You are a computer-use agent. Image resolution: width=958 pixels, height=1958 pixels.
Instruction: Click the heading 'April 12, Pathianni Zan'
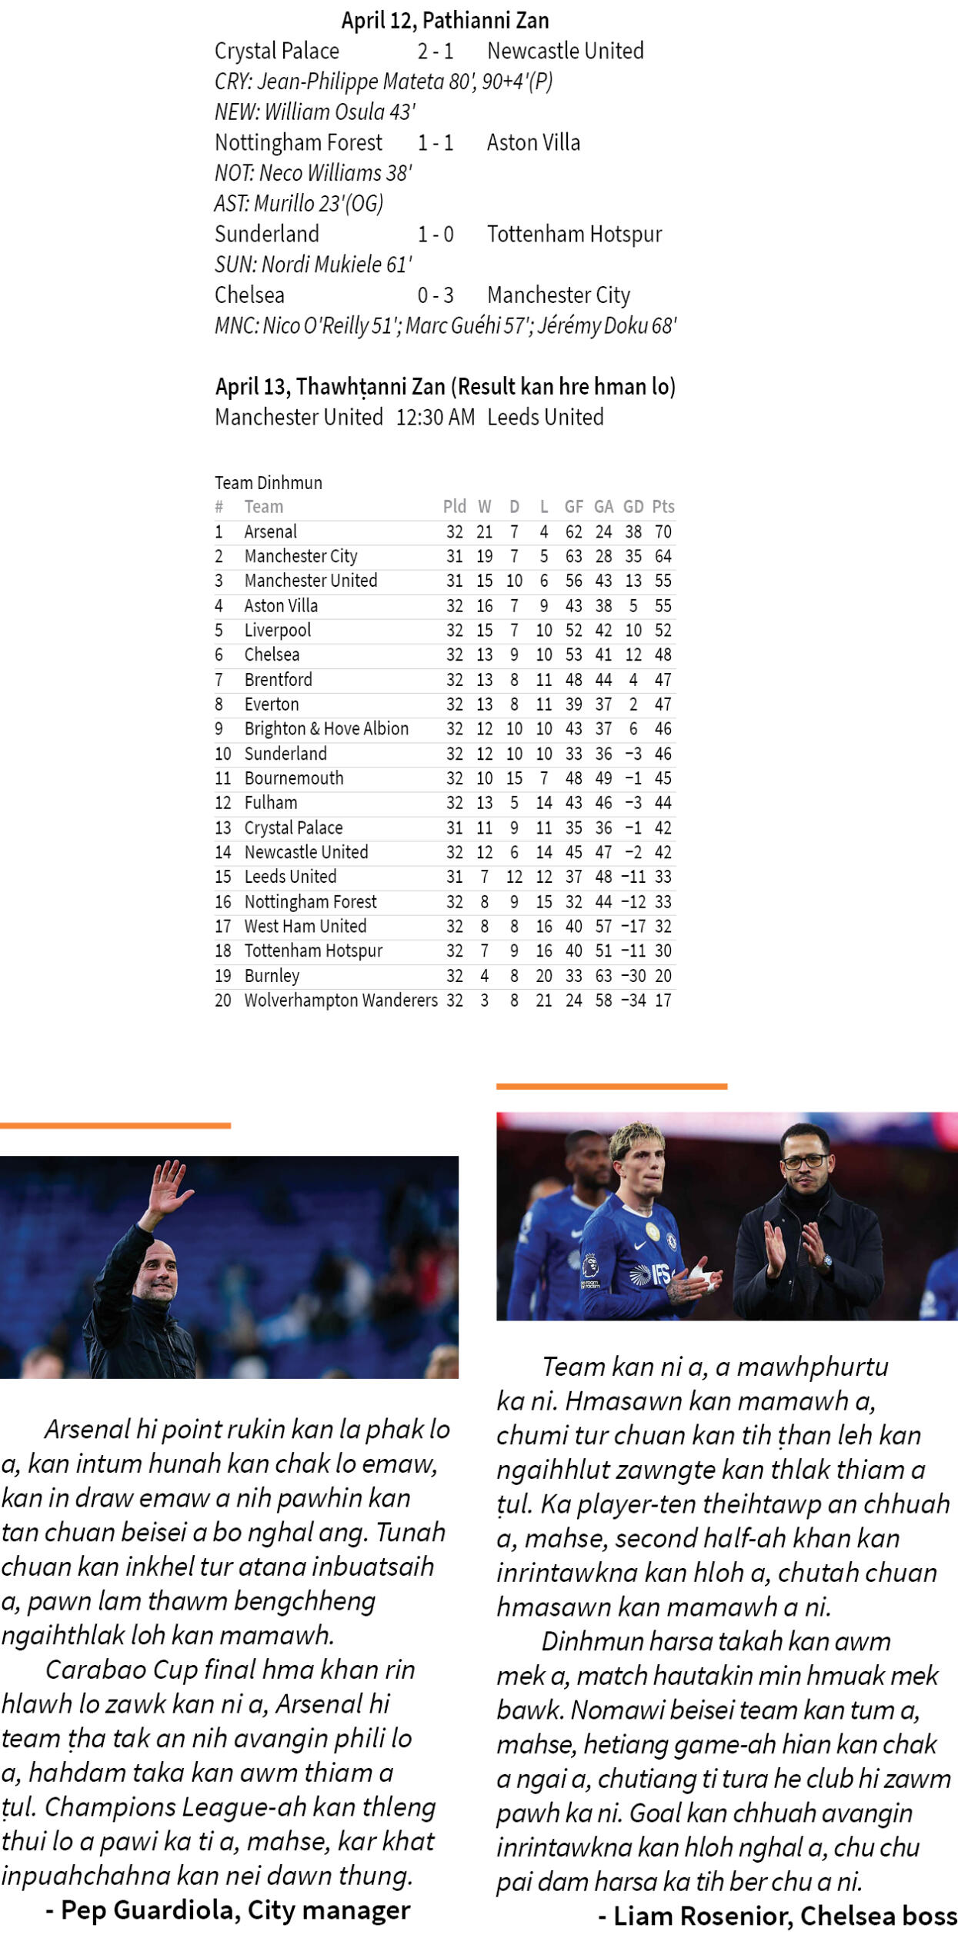click(445, 20)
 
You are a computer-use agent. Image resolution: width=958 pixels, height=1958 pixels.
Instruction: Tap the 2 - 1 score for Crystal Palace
click(436, 51)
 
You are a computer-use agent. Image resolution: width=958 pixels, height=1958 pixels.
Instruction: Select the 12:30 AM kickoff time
click(436, 417)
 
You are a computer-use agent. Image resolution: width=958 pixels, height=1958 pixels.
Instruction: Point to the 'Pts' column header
click(663, 506)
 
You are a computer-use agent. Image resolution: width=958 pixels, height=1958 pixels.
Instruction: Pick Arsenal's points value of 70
click(663, 531)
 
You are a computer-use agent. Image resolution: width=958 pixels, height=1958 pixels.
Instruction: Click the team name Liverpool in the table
click(277, 630)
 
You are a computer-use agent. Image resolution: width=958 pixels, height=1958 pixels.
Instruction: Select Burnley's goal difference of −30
click(633, 975)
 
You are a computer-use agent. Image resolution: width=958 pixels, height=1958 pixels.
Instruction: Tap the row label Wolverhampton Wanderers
click(340, 1000)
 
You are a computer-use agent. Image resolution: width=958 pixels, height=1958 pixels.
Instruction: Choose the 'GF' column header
click(573, 506)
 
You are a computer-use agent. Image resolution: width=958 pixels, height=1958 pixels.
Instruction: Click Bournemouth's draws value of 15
click(514, 778)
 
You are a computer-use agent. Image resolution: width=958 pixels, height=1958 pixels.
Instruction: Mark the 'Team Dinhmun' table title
click(268, 482)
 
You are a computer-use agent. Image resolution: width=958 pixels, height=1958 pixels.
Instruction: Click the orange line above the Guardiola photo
click(115, 1125)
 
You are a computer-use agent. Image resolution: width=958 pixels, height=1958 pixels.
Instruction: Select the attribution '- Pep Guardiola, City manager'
click(228, 1910)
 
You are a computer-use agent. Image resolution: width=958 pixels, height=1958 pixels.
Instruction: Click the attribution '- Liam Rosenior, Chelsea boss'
click(777, 1916)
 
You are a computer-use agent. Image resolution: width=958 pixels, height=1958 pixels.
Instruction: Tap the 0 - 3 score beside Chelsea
click(436, 295)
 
